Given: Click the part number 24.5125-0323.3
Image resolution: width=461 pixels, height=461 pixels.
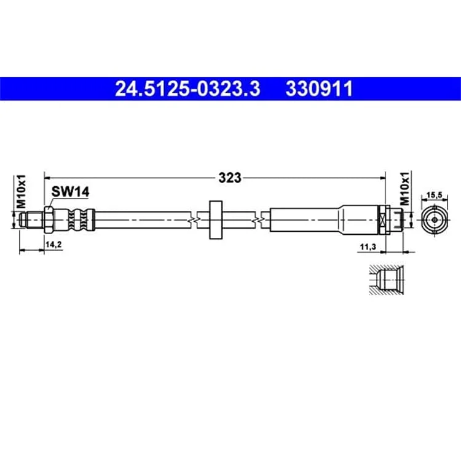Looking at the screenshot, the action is (x=187, y=89).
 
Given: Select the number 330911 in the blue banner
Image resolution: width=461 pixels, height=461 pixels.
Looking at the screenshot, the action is (x=319, y=89).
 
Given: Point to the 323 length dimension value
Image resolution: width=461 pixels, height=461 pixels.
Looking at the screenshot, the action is (x=230, y=178).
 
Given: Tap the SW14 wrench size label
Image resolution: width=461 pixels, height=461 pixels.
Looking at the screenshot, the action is (x=70, y=192).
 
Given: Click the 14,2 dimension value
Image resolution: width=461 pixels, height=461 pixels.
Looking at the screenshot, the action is (x=53, y=244).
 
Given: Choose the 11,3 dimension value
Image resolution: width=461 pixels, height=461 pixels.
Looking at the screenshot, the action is (x=368, y=246).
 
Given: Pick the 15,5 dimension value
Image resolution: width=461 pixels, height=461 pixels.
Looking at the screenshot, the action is (x=435, y=195).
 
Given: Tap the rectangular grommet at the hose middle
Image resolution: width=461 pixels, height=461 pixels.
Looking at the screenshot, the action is (x=216, y=219).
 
